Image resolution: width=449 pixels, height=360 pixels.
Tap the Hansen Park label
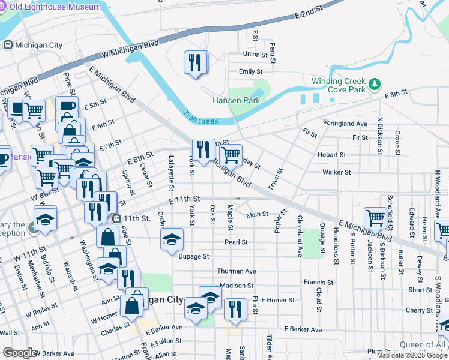[237, 100]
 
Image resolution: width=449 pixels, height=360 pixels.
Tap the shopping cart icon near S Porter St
[375, 218]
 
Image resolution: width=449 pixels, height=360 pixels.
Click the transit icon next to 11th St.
[117, 218]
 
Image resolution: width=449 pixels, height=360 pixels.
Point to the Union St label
[255, 54]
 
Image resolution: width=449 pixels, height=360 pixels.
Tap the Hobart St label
[331, 154]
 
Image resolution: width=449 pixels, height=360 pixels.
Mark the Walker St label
[336, 172]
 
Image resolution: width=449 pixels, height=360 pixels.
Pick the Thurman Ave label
[237, 271]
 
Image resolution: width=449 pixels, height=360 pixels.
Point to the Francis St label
[318, 282]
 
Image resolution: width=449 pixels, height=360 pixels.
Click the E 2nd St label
[309, 14]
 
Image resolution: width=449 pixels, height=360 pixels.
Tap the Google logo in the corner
[20, 353]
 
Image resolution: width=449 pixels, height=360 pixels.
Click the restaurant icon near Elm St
[235, 309]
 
